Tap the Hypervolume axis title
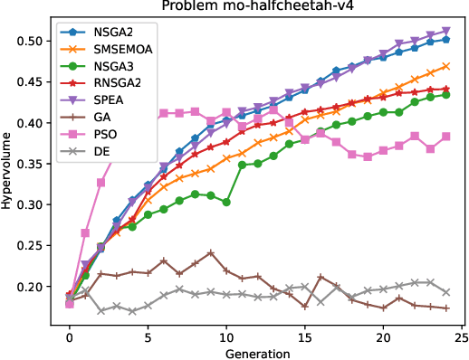click(x=11, y=171)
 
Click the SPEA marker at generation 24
click(x=446, y=32)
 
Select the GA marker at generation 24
click(x=446, y=308)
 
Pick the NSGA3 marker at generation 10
click(x=226, y=202)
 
